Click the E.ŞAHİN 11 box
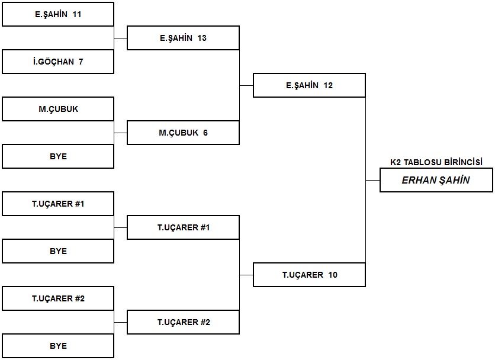click(x=58, y=14)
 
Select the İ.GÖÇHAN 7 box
click(x=58, y=62)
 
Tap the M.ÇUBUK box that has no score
click(x=58, y=109)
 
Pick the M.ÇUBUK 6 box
click(x=183, y=133)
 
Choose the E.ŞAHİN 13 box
click(x=183, y=38)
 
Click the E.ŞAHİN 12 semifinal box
click(x=309, y=85)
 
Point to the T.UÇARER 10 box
click(x=309, y=275)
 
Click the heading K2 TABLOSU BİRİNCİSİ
click(x=436, y=162)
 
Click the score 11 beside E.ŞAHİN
click(x=77, y=14)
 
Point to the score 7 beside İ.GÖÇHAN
click(x=81, y=62)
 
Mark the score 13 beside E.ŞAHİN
click(x=202, y=38)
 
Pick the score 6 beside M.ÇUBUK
click(x=205, y=133)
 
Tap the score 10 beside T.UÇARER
click(x=333, y=275)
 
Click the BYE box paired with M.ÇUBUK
click(x=58, y=156)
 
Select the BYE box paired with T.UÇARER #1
click(x=58, y=251)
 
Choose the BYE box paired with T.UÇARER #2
click(x=58, y=346)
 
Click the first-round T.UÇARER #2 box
click(x=58, y=298)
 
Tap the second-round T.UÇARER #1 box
click(x=183, y=227)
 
